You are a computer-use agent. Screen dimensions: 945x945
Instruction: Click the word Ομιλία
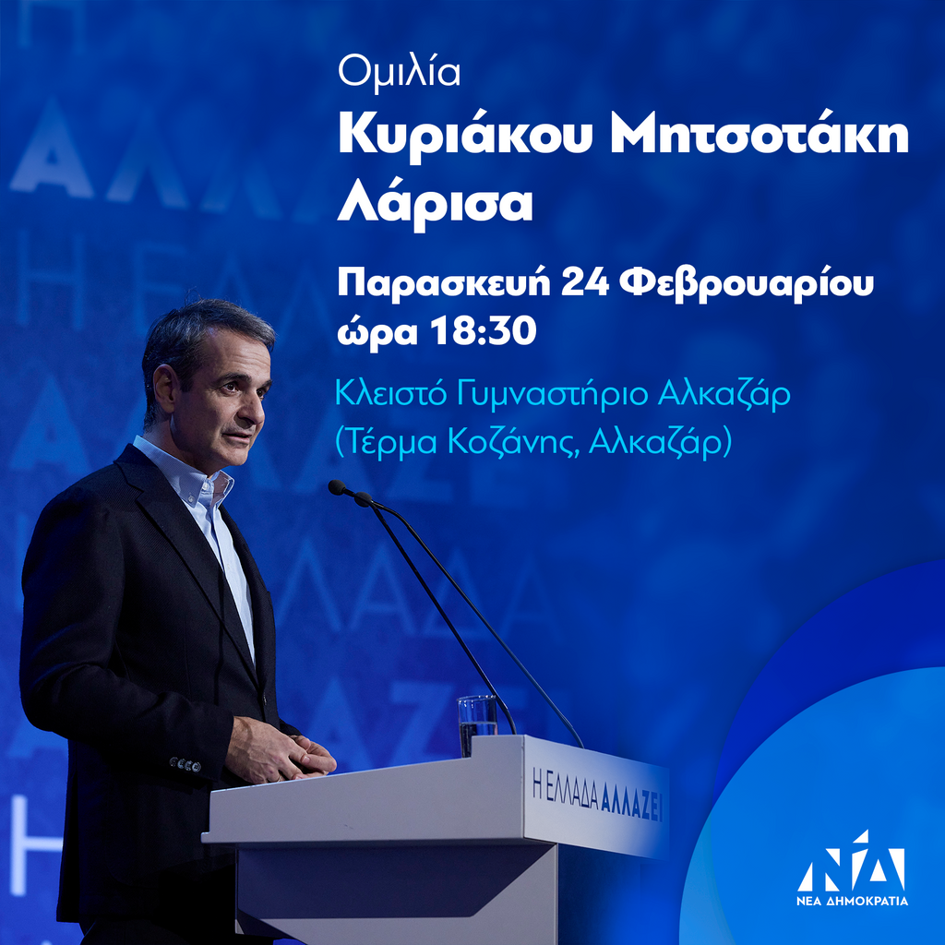tap(399, 72)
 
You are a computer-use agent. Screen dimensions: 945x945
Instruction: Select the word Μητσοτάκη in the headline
tap(760, 137)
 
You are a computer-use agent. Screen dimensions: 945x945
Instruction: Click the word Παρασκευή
tap(444, 284)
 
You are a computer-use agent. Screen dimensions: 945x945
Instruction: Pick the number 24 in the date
tap(584, 283)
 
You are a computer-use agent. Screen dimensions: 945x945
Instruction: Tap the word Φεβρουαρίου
tap(746, 284)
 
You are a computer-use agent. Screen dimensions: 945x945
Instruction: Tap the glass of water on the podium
tap(477, 724)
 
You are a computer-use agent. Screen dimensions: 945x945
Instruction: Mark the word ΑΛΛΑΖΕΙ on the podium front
tap(631, 802)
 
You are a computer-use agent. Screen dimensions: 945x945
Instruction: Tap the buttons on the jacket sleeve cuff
tap(185, 764)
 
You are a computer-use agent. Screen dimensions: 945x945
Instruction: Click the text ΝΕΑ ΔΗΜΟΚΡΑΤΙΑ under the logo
tap(852, 902)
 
